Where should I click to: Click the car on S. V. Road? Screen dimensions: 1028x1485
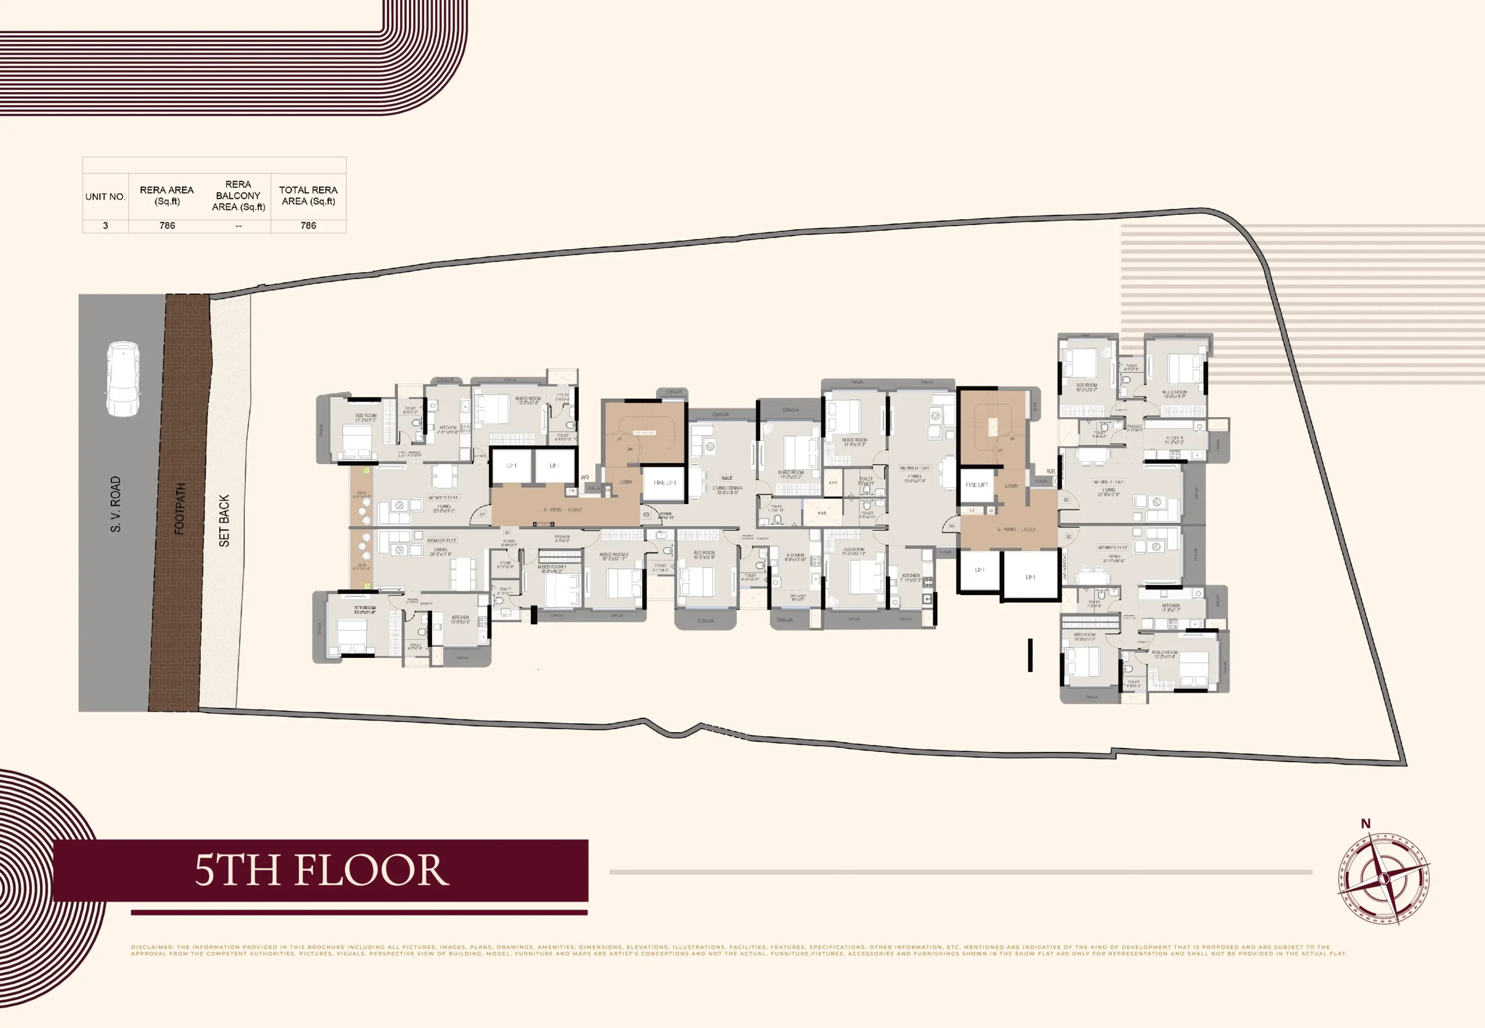tap(122, 379)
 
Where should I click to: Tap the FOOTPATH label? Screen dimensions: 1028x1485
tap(180, 508)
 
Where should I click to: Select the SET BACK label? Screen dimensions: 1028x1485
tap(224, 520)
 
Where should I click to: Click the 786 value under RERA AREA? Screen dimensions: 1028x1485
tap(167, 226)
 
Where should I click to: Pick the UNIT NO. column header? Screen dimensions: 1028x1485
tap(105, 197)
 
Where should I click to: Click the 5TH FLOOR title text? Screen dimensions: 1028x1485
tap(321, 870)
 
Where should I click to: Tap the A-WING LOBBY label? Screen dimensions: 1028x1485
tap(563, 509)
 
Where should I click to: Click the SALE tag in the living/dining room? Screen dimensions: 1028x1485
tap(727, 478)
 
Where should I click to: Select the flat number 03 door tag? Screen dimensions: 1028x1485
tap(646, 515)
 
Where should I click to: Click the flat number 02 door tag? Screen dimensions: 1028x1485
tap(481, 514)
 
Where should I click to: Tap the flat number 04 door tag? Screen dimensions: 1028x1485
tap(952, 526)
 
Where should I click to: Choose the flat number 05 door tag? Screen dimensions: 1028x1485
tap(1066, 500)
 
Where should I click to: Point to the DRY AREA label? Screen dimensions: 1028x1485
tap(797, 597)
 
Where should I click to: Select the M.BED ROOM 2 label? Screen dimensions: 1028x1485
tap(614, 555)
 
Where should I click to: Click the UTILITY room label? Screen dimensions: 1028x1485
tap(562, 396)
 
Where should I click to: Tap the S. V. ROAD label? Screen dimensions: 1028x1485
tap(115, 504)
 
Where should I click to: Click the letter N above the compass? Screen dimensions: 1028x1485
tap(1366, 823)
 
